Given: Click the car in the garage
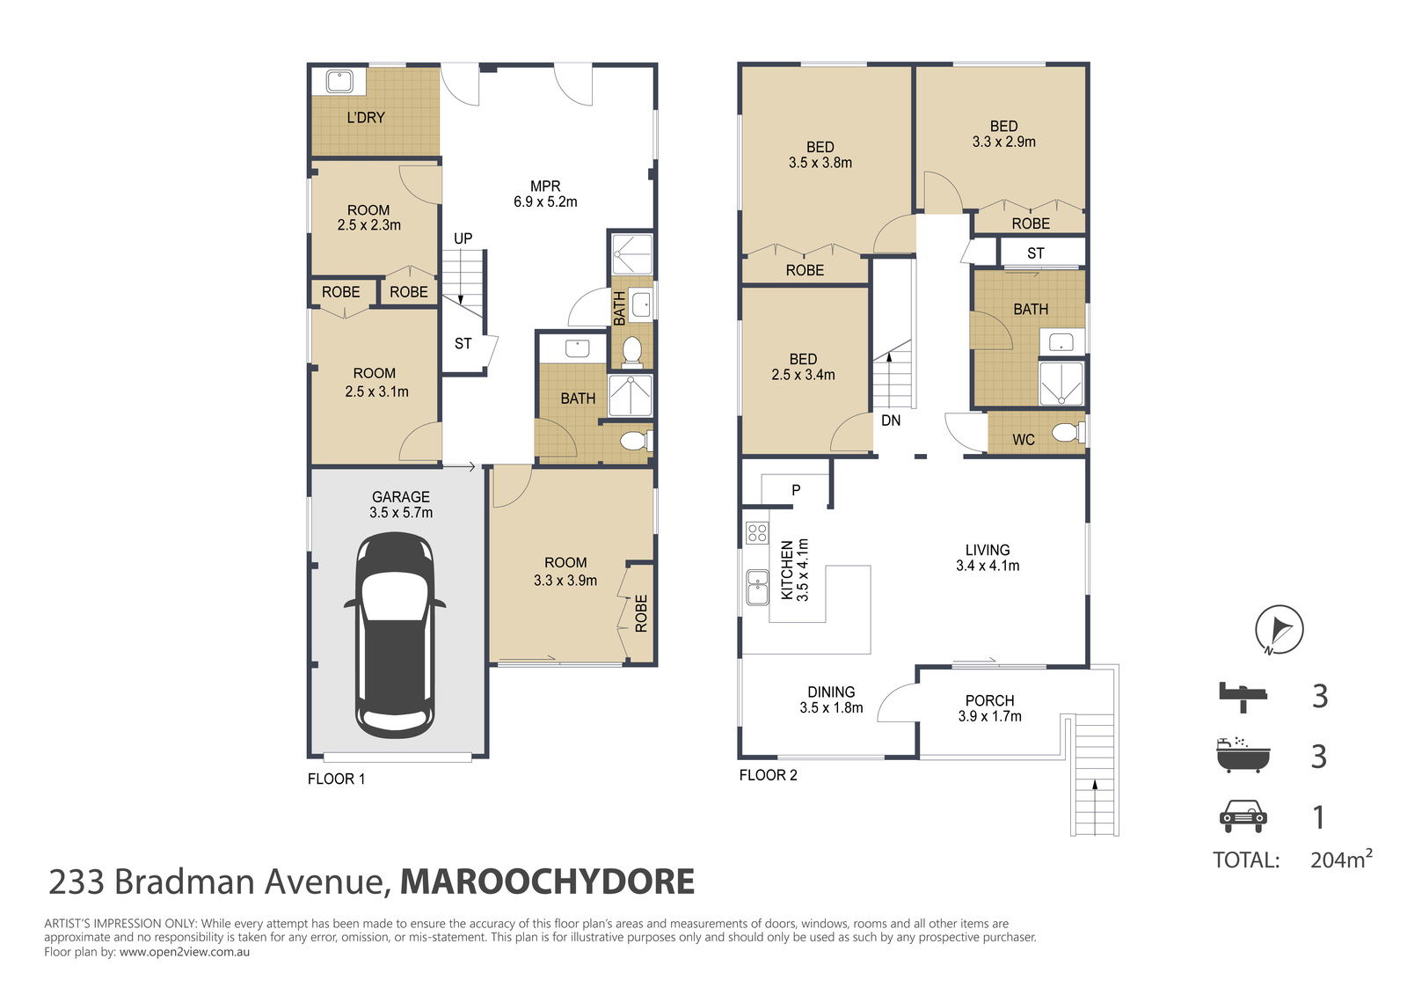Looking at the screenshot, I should [x=395, y=634].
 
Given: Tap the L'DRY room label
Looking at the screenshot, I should [x=366, y=117].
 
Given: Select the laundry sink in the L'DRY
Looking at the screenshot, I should [x=339, y=82].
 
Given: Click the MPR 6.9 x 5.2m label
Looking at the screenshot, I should [x=545, y=194].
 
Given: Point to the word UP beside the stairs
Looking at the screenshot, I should [x=463, y=238].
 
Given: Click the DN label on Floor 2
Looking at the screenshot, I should [x=891, y=421].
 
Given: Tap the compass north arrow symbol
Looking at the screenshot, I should [x=1279, y=630].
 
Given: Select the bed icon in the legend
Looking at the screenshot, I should [x=1243, y=695].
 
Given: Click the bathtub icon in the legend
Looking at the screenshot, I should [x=1243, y=756].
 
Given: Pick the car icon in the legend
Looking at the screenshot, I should [x=1243, y=816].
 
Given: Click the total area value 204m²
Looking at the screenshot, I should [x=1340, y=860].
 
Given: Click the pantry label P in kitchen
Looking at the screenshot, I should [x=796, y=490].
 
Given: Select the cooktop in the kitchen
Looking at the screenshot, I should [x=757, y=532].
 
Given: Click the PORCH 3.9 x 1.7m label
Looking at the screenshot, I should [x=989, y=708].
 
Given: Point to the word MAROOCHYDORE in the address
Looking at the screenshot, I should [x=547, y=882].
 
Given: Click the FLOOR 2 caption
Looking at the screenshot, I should [x=768, y=775].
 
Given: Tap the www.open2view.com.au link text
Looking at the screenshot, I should [x=185, y=952].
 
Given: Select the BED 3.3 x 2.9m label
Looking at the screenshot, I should [x=1003, y=134].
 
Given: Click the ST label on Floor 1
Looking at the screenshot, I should [x=463, y=344].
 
